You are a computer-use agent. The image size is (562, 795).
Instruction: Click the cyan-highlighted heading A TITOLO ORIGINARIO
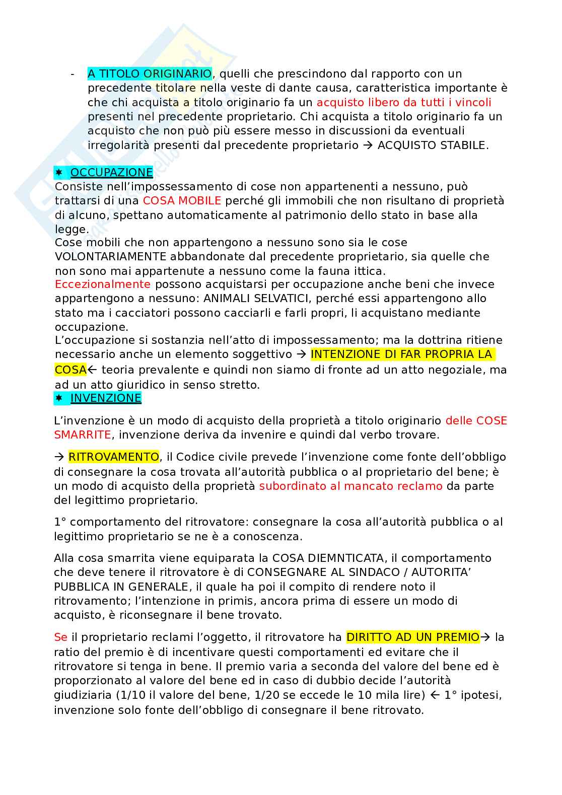pos(150,74)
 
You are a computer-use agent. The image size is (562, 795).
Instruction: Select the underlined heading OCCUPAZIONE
pos(111,172)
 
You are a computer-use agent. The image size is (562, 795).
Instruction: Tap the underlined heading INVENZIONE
pos(106,398)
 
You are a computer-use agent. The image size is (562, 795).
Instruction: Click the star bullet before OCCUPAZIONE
pos(59,172)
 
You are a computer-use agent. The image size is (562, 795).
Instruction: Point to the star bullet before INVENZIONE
pos(59,398)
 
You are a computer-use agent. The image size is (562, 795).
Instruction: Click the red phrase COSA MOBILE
pos(182,200)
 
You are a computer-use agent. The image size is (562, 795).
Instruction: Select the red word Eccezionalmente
pos(102,284)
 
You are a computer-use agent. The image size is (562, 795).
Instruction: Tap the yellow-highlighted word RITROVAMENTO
pos(113,457)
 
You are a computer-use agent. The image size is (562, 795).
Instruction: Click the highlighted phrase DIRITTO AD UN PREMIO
pos(412,637)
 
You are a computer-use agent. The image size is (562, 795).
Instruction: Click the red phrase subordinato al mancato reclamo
pos(350,486)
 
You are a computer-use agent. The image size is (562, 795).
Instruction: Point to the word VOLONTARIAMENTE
pos(110,256)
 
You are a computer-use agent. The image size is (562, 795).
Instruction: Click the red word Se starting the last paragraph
pos(60,637)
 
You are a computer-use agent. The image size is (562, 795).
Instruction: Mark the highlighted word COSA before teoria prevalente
pos(71,370)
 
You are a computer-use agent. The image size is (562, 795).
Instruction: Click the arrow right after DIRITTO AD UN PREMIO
pos(485,637)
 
